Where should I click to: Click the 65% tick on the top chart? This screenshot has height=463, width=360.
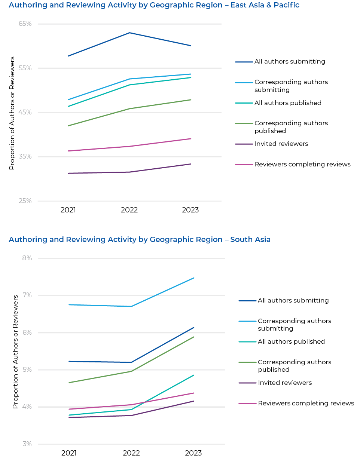[x=25, y=24]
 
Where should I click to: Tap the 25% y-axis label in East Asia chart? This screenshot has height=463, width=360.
[x=25, y=201]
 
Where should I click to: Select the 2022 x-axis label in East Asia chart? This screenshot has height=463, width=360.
[x=129, y=210]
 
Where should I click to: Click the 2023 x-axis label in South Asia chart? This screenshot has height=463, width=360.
[x=193, y=453]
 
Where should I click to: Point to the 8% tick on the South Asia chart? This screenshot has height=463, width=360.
[x=27, y=258]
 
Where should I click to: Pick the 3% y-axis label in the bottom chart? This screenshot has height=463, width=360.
[x=27, y=444]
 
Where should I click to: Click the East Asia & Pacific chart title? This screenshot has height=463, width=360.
[x=154, y=5]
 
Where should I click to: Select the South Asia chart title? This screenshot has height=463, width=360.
[x=139, y=239]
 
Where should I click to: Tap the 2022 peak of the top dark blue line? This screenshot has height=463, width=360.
[x=129, y=33]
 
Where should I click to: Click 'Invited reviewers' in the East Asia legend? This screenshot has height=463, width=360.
[x=281, y=144]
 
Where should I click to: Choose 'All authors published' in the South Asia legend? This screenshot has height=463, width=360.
[x=291, y=341]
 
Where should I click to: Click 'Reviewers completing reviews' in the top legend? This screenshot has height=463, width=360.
[x=302, y=164]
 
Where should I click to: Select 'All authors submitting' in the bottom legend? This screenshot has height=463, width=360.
[x=293, y=300]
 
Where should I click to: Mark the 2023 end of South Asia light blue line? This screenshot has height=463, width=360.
[x=194, y=278]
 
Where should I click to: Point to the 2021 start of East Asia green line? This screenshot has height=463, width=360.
[x=68, y=126]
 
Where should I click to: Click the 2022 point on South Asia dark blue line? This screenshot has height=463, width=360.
[x=131, y=362]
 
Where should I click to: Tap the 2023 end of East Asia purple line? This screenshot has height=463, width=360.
[x=191, y=164]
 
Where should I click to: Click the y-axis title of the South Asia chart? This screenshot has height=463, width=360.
[x=15, y=352]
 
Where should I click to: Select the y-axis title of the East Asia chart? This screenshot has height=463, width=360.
[x=12, y=113]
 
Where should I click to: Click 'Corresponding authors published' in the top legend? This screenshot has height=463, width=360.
[x=291, y=127]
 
